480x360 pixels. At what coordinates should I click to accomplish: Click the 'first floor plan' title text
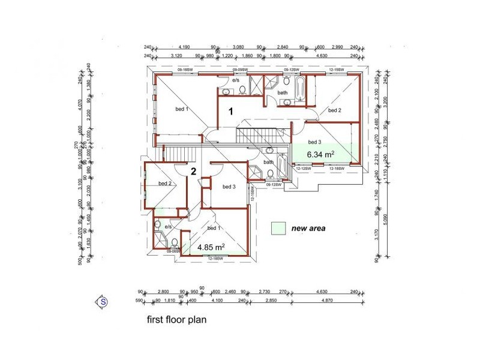tap(176, 320)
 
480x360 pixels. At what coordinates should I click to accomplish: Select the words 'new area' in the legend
tap(308, 229)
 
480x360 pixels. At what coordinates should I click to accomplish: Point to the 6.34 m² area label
tap(320, 154)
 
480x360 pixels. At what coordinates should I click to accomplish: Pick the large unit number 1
tap(230, 111)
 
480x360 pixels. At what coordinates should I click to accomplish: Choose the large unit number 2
tap(193, 172)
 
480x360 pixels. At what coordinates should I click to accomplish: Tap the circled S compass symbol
tap(103, 302)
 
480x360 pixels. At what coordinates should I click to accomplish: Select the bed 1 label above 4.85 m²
tap(214, 229)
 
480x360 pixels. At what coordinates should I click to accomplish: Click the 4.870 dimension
tap(327, 300)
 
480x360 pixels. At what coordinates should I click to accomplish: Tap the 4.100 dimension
tap(217, 300)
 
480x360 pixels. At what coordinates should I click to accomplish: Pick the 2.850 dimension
tap(271, 300)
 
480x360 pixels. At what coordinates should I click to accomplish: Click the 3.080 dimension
tap(239, 46)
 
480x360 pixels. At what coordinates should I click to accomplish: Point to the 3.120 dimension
tap(177, 56)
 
